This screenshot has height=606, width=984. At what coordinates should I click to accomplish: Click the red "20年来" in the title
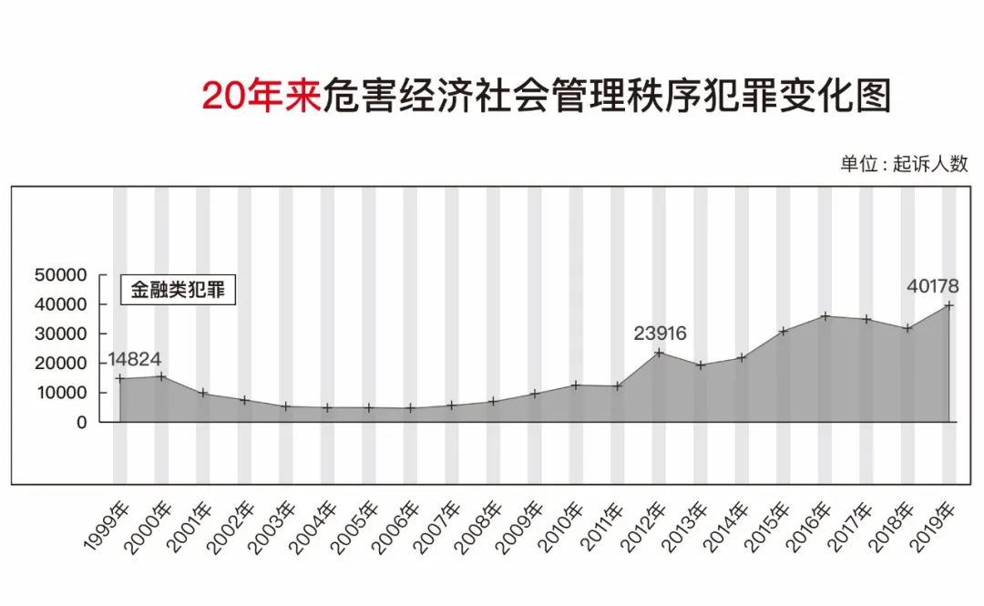pyautogui.click(x=262, y=95)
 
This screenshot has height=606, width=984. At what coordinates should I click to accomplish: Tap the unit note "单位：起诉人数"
pyautogui.click(x=904, y=164)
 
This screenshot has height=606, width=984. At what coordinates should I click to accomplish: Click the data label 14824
pyautogui.click(x=134, y=358)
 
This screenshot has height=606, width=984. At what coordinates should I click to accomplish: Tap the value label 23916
pyautogui.click(x=660, y=334)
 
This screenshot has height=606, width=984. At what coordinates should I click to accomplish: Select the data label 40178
pyautogui.click(x=932, y=286)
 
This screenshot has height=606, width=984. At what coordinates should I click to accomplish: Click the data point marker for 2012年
pyautogui.click(x=659, y=353)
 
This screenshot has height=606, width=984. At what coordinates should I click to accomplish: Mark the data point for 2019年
pyautogui.click(x=949, y=305)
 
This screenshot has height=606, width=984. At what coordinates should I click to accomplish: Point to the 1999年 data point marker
pyautogui.click(x=119, y=378)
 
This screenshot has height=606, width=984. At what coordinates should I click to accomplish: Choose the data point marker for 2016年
pyautogui.click(x=825, y=316)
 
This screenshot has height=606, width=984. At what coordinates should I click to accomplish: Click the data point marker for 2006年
pyautogui.click(x=410, y=408)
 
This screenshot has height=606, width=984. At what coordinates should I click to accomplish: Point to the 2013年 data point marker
pyautogui.click(x=700, y=365)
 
